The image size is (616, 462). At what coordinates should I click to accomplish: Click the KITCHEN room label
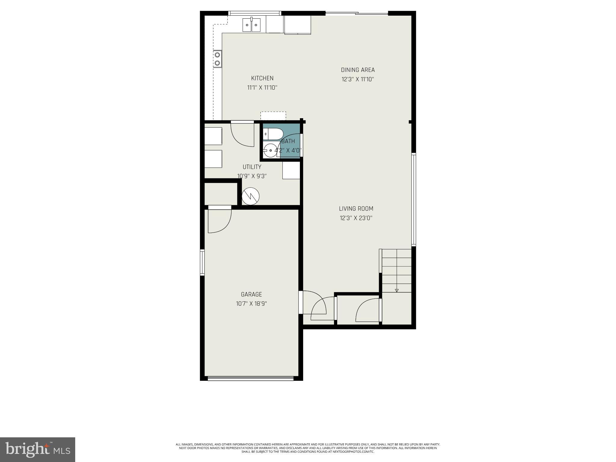click(262, 78)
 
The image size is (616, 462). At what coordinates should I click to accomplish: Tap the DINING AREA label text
click(358, 70)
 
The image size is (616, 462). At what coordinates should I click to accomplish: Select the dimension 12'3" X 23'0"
click(356, 218)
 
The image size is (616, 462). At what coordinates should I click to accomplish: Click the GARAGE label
click(251, 294)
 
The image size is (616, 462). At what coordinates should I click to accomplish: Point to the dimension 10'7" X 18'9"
click(251, 304)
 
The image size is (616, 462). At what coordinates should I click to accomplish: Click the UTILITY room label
click(252, 167)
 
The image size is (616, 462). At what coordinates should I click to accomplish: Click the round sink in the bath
click(270, 150)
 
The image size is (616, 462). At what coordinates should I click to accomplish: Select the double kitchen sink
click(251, 25)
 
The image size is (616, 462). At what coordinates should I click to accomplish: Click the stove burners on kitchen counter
click(217, 59)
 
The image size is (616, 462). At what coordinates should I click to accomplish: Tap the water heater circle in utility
click(251, 196)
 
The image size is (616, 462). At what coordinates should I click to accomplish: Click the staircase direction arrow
click(396, 290)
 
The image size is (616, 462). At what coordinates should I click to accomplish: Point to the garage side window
click(202, 262)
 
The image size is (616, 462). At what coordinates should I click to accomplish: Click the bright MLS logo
click(37, 449)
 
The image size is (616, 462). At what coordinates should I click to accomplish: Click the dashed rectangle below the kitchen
click(273, 116)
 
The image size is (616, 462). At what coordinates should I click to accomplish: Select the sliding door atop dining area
click(357, 13)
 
